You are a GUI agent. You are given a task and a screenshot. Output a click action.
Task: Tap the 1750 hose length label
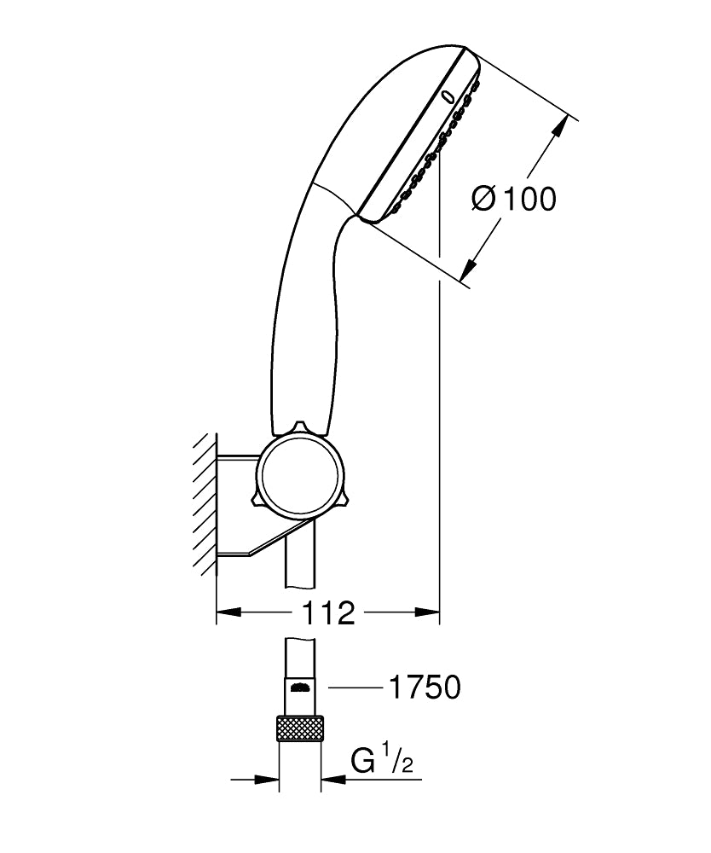click(424, 687)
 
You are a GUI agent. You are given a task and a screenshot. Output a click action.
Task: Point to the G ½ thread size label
click(383, 758)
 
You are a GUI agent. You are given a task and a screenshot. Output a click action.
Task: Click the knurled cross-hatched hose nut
click(300, 731)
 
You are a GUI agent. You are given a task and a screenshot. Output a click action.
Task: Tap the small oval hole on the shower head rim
click(448, 96)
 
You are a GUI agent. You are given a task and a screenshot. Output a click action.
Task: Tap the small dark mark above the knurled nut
click(299, 687)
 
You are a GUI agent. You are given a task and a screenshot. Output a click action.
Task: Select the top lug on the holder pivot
click(299, 426)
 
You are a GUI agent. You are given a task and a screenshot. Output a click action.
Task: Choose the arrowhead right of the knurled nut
click(332, 778)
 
